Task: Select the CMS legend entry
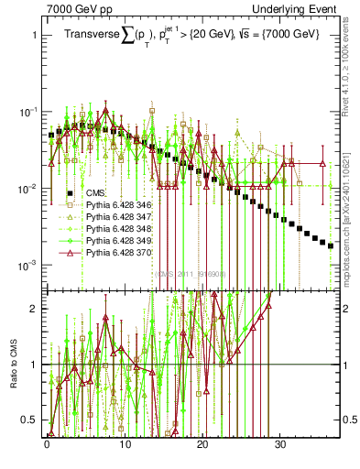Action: click(x=96, y=193)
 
